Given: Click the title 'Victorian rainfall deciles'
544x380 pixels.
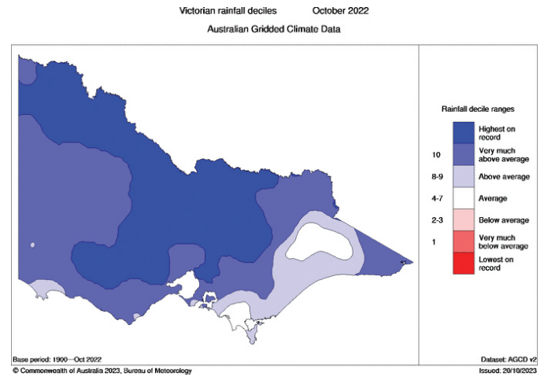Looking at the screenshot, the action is [x=228, y=11].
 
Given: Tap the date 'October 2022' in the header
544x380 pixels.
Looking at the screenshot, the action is [x=340, y=11].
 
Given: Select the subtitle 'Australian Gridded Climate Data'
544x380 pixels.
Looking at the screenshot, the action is [x=274, y=29].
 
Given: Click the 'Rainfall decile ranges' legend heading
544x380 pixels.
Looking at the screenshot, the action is [x=478, y=109].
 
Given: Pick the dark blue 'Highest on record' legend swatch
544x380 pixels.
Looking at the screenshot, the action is [x=464, y=132].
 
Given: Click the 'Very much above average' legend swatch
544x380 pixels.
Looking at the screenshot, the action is [x=464, y=154].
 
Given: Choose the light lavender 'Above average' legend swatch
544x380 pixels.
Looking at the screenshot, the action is [x=464, y=176].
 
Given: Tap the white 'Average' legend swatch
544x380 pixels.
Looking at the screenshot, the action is [x=464, y=198].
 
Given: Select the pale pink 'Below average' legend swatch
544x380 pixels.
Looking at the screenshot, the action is [x=464, y=220].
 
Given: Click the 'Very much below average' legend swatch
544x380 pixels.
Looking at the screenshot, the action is [x=464, y=242].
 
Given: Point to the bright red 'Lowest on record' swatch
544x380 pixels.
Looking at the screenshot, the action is [x=464, y=263].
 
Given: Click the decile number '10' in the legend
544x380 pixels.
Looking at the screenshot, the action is [x=436, y=155].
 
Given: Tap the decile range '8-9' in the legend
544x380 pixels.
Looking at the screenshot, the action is [x=437, y=176].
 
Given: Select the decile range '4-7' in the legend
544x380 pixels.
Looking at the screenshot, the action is [x=437, y=198].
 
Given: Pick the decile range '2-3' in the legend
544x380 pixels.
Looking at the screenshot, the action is [x=437, y=220].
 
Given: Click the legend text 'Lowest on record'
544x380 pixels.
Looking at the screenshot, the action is [x=496, y=264].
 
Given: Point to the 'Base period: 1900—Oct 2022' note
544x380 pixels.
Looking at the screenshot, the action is [x=57, y=360].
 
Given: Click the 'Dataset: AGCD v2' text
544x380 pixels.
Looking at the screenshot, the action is [x=509, y=360].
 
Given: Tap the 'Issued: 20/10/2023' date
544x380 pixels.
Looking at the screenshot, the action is [x=508, y=371].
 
